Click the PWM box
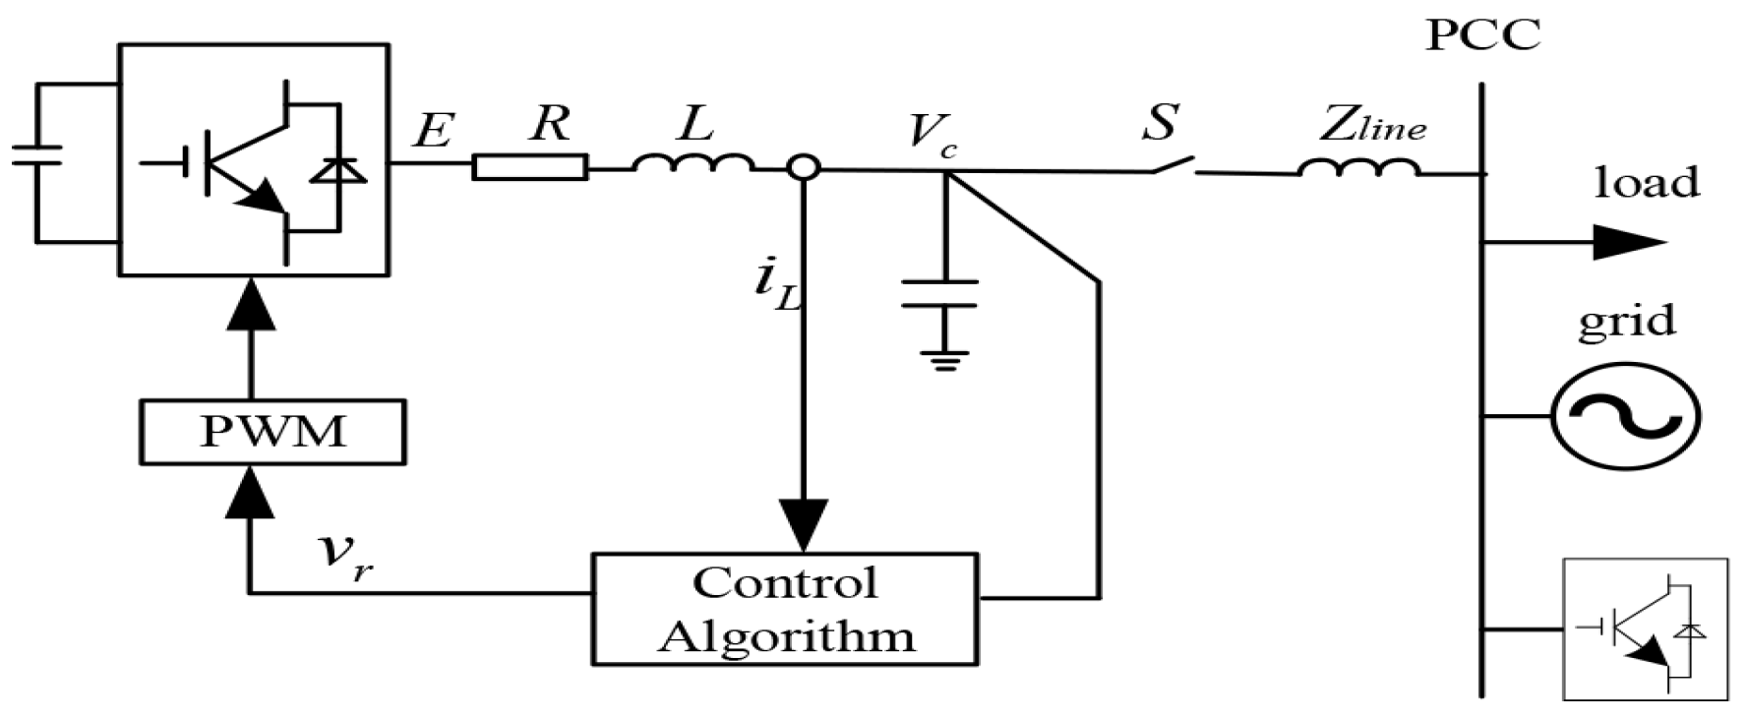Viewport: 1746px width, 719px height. tap(271, 432)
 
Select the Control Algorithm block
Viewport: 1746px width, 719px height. tap(784, 609)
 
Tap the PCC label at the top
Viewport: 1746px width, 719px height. tap(1482, 36)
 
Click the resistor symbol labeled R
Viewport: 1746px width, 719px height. tap(530, 167)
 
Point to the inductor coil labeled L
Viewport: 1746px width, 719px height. tap(693, 163)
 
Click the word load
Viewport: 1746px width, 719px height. tap(1646, 183)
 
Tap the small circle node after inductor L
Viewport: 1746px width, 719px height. tap(804, 168)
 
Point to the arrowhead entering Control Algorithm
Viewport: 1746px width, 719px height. tap(804, 526)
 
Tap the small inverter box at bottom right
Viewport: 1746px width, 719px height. tap(1645, 629)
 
